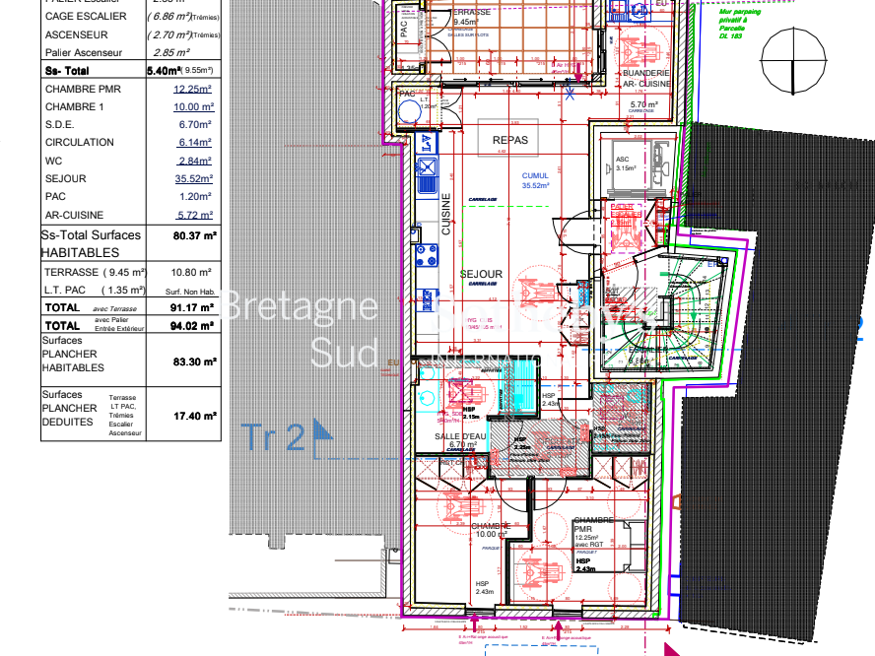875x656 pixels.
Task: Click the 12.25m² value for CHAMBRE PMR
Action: (x=193, y=89)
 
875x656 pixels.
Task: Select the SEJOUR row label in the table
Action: (x=66, y=178)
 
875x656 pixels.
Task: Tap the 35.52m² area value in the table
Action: (x=193, y=178)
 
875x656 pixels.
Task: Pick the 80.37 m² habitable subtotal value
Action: (x=194, y=235)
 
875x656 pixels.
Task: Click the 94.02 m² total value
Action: (x=194, y=325)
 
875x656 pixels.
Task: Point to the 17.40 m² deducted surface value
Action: (x=194, y=417)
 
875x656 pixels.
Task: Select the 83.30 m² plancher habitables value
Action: (x=194, y=361)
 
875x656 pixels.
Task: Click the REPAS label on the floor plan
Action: (x=510, y=140)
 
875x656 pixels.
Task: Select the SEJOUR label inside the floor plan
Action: (x=482, y=275)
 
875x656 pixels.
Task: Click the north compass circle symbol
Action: (x=800, y=59)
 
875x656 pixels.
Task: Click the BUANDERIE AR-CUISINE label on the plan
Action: (x=645, y=78)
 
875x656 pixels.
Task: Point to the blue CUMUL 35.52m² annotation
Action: (x=535, y=180)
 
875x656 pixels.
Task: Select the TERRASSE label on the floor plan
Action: (x=471, y=12)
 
